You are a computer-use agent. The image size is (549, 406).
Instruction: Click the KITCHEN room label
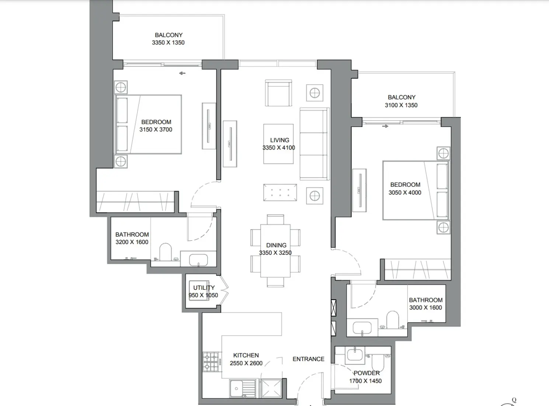pyautogui.click(x=246, y=355)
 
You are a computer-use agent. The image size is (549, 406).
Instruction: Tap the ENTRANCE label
pyautogui.click(x=308, y=359)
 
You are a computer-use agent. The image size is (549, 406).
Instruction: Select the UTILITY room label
pyautogui.click(x=204, y=288)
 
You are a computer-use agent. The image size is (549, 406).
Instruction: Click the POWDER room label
pyautogui.click(x=366, y=373)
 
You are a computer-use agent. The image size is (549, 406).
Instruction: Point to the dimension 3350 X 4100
pyautogui.click(x=279, y=148)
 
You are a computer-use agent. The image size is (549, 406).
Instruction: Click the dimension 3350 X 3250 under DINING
pyautogui.click(x=275, y=253)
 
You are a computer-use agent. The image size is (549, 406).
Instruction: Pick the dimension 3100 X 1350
pyautogui.click(x=401, y=105)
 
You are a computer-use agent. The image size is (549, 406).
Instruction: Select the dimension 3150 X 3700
pyautogui.click(x=156, y=130)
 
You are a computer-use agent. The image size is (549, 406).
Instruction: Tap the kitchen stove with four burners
pyautogui.click(x=211, y=362)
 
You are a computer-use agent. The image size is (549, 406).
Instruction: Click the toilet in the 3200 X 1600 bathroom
pyautogui.click(x=166, y=252)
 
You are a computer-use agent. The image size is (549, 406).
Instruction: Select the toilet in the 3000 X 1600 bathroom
pyautogui.click(x=393, y=320)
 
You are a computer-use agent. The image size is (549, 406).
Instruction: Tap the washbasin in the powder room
pyautogui.click(x=355, y=355)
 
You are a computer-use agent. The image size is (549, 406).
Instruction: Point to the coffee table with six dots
pyautogui.click(x=280, y=192)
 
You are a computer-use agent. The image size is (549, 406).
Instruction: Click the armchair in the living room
pyautogui.click(x=278, y=94)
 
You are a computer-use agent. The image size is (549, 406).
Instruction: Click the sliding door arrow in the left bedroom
pyautogui.click(x=182, y=73)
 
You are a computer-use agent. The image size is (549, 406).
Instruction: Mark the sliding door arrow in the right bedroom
pyautogui.click(x=385, y=126)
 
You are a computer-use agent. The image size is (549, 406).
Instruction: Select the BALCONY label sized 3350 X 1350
pyautogui.click(x=168, y=35)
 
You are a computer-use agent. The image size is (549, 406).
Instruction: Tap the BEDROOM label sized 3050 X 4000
pyautogui.click(x=405, y=185)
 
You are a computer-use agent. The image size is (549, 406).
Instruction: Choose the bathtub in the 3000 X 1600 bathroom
pyautogui.click(x=362, y=328)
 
